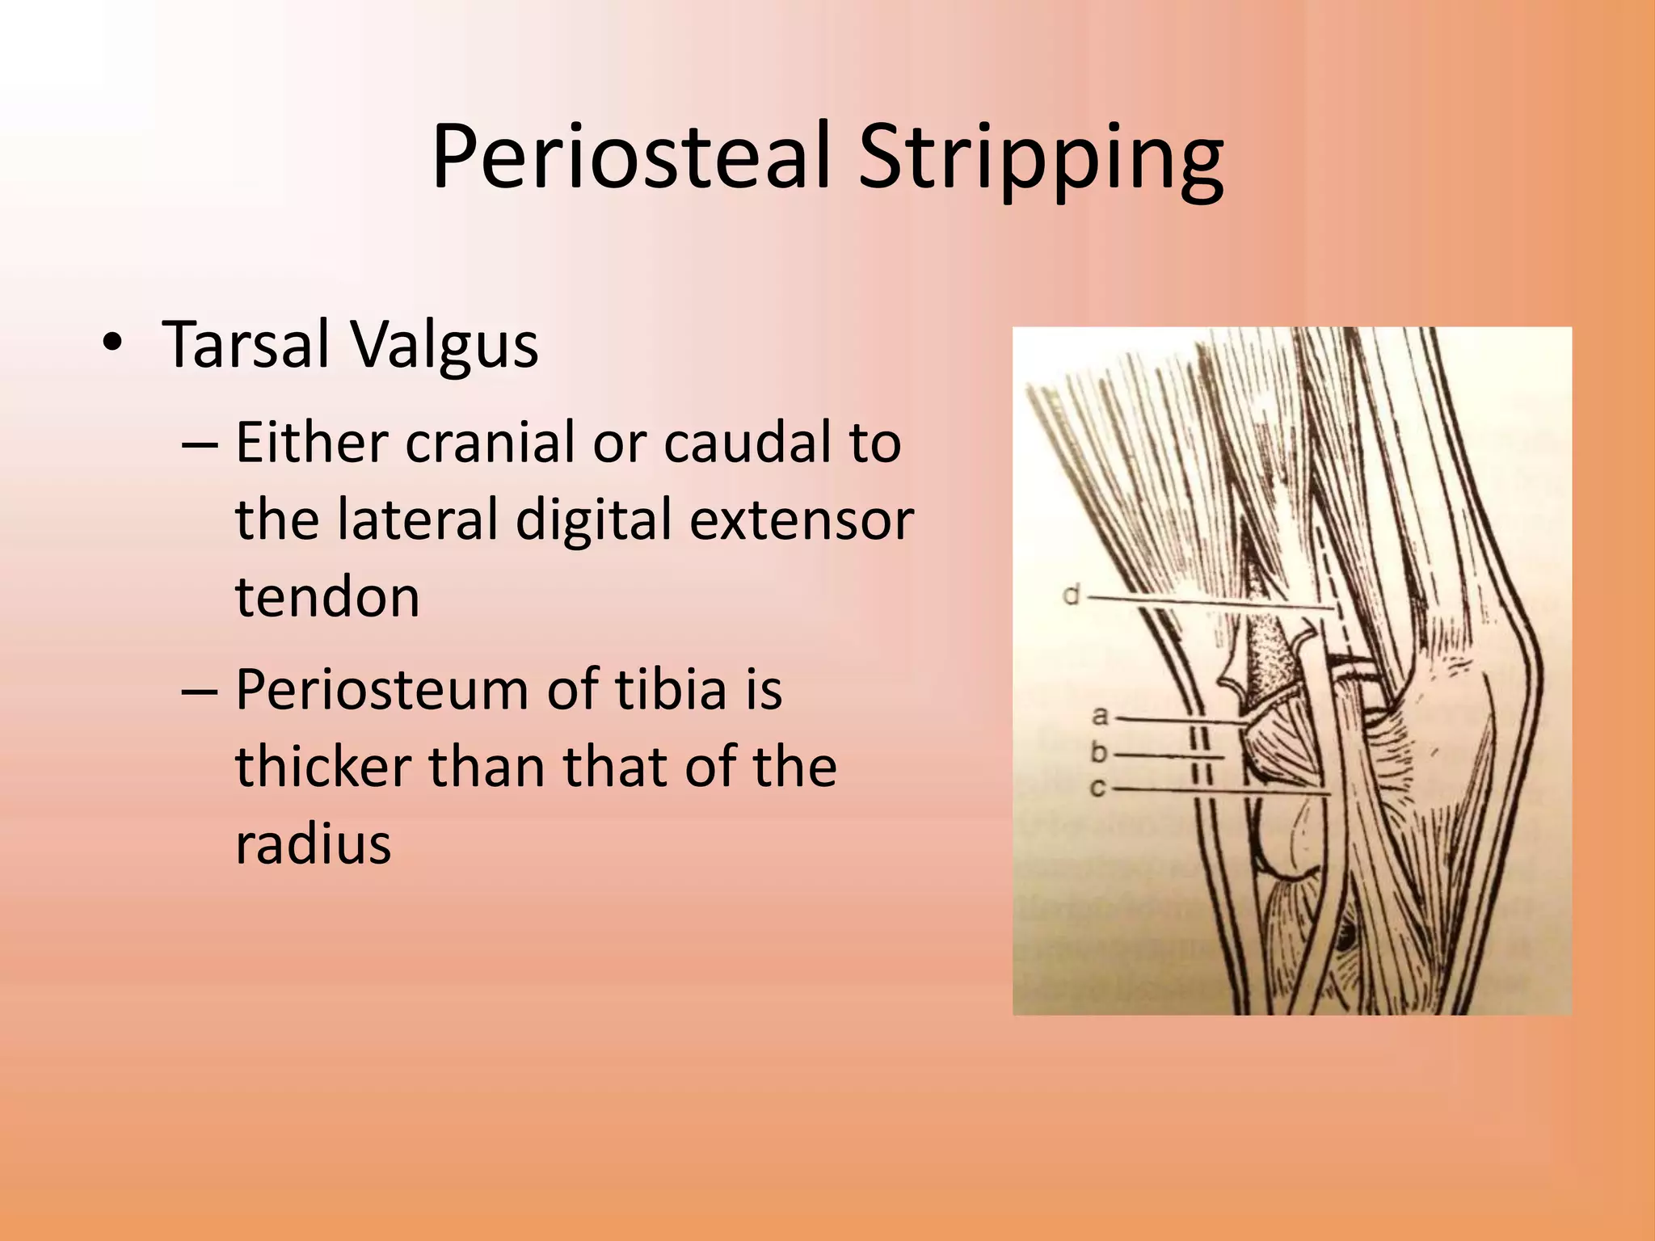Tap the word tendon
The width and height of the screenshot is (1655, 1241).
pos(327,597)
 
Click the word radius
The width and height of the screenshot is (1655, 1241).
pos(314,843)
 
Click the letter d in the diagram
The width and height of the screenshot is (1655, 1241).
pos(1071,595)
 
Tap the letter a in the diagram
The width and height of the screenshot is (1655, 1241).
pos(1100,716)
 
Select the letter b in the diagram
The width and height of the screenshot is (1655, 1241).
pos(1099,752)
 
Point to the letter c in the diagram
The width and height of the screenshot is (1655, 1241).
pos(1097,787)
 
